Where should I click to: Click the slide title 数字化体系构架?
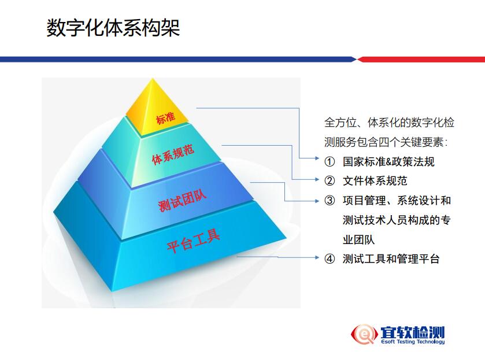coord(113,28)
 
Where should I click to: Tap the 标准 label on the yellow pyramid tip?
coord(165,118)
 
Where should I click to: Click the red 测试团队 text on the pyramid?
coord(182,201)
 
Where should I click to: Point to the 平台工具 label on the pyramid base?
coord(193,241)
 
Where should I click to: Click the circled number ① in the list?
coord(329,161)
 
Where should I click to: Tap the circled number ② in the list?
coord(329,180)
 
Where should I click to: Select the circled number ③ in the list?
coord(329,201)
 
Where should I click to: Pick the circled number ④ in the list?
coord(329,258)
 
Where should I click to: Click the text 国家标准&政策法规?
coord(388,161)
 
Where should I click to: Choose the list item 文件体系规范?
coord(375,180)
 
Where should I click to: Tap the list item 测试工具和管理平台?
coord(391,258)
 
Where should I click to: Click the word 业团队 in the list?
coord(359,239)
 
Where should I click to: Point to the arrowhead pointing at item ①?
coord(317,158)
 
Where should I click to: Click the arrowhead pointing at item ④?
coord(317,257)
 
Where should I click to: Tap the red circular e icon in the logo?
coord(364,334)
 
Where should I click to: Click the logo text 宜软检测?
coord(413,332)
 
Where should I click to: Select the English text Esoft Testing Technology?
coord(413,342)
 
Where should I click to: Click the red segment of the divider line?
coord(421,60)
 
